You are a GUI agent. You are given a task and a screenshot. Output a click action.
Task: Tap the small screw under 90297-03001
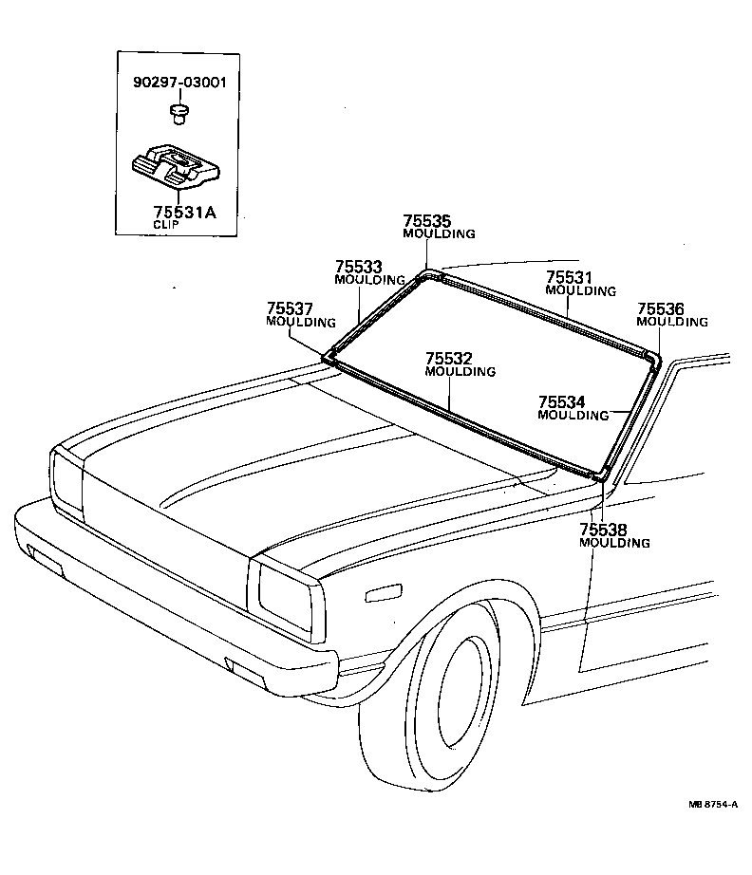click(177, 115)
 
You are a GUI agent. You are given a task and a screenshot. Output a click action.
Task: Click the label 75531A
click(184, 213)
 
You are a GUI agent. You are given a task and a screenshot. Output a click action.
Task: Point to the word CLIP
click(167, 226)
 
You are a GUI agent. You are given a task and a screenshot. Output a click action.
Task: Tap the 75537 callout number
click(290, 308)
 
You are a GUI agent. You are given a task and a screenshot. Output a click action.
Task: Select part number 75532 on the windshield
click(449, 359)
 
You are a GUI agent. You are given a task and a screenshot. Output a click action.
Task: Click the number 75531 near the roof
click(569, 277)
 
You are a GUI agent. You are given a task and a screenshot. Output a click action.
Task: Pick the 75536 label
click(661, 308)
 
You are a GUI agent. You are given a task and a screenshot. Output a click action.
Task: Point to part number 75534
click(562, 401)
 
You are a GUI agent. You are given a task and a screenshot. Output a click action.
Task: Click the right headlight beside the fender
click(284, 594)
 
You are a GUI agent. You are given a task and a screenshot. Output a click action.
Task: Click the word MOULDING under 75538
click(614, 543)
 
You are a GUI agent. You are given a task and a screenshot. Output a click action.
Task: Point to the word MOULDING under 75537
click(301, 322)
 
